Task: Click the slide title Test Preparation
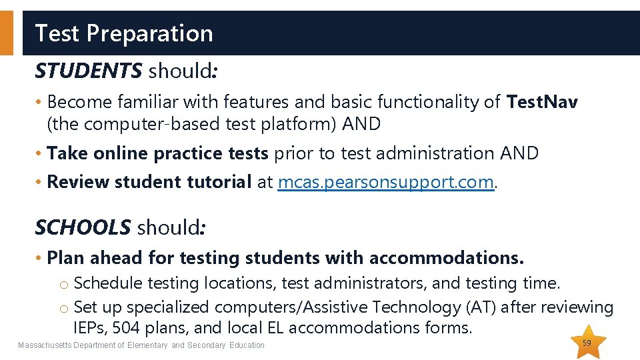[x=123, y=33]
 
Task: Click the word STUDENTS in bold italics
[x=88, y=70]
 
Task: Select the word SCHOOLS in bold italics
[x=83, y=227]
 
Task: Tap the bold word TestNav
[x=542, y=102]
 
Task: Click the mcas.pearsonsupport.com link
[x=386, y=182]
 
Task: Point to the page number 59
[x=587, y=343]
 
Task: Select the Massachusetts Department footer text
[x=141, y=345]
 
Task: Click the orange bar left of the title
[x=6, y=33]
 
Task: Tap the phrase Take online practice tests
[x=157, y=153]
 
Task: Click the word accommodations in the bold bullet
[x=446, y=257]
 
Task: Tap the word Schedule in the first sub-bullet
[x=108, y=283]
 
